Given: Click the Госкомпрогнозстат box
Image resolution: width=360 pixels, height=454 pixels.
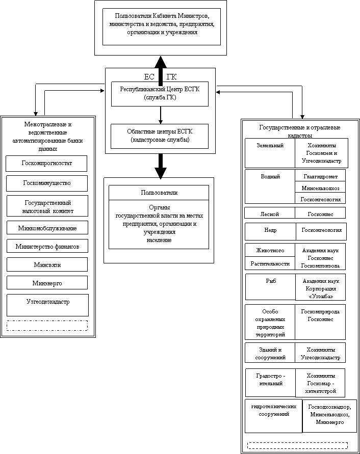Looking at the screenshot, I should pos(46,164).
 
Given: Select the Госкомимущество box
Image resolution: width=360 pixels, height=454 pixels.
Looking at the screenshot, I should pos(47,183).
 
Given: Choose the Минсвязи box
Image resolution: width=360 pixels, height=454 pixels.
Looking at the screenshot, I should pos(47,265).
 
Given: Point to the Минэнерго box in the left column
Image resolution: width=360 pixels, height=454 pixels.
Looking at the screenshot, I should pos(47,282).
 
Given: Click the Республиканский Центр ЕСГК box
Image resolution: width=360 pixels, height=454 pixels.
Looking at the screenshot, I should pos(160,94).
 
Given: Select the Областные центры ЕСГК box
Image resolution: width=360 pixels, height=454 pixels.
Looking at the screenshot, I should pos(160,136).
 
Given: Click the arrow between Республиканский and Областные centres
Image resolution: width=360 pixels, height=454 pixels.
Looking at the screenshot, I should pos(160,115).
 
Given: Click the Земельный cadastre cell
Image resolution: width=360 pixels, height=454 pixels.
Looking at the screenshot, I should pos(270,153).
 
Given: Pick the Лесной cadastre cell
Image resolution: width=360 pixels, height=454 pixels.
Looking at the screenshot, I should pos(270,213).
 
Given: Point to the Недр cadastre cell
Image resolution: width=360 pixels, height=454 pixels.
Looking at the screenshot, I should pos(270,231).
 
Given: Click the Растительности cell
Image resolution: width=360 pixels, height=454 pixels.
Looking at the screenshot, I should pos(270,263).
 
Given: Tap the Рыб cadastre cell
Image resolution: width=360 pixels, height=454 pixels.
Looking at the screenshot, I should pos(270,287).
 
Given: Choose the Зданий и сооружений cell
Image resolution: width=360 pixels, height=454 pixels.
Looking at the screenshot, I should pos(270,353).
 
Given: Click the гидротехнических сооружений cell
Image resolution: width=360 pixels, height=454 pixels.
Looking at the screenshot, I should pos(270,415).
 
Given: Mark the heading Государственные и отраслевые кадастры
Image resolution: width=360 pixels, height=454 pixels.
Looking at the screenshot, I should pos(300,131).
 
